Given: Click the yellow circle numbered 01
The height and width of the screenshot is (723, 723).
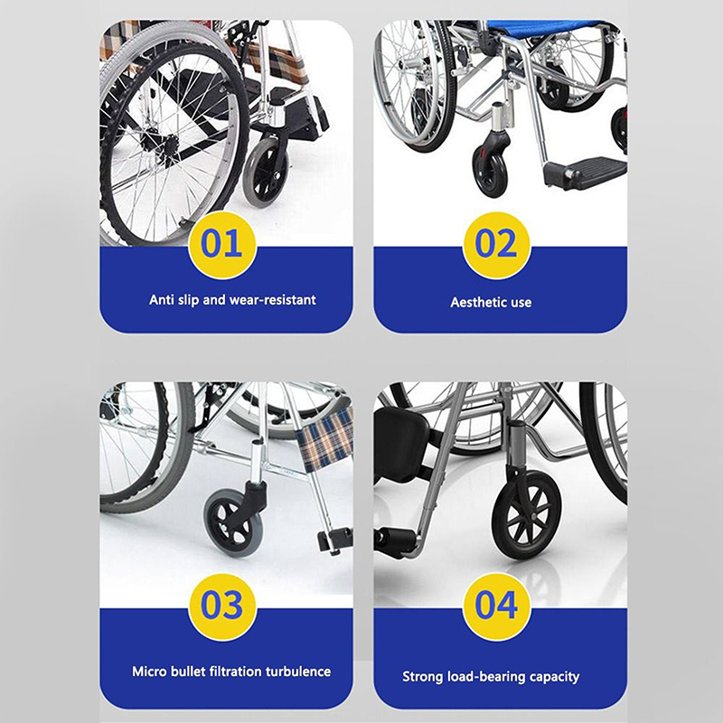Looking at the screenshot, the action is point(222,245).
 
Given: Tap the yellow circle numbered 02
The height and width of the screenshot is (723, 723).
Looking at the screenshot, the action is point(496,245).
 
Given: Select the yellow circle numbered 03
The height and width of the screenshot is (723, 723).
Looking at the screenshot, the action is point(222,606).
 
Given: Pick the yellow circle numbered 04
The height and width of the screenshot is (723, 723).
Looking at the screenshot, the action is point(496,606).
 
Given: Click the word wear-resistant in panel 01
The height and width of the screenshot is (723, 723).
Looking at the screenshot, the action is point(273,300).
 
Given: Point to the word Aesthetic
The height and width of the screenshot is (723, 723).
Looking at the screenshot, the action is point(472,302).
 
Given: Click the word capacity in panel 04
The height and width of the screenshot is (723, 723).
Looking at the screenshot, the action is point(555,677).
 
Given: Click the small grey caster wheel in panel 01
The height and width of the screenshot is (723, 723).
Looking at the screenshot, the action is point(266,173).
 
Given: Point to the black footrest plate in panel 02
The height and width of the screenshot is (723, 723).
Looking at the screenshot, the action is point(585,172).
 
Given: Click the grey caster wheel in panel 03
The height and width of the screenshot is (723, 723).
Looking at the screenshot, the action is point(230,522).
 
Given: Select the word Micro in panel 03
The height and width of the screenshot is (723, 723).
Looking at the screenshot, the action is point(149,671).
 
